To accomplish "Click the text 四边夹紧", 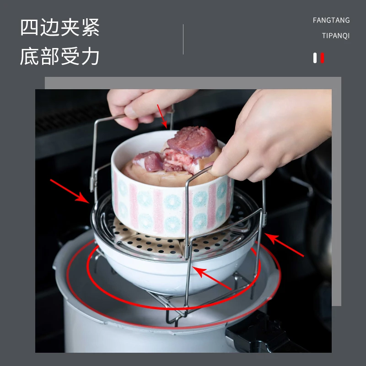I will point(59,28).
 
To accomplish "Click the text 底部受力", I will point(59,57).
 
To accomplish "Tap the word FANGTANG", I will point(331,20).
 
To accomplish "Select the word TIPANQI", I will point(335,36).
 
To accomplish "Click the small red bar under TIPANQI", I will point(323,58).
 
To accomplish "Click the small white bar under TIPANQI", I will point(315,58).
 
